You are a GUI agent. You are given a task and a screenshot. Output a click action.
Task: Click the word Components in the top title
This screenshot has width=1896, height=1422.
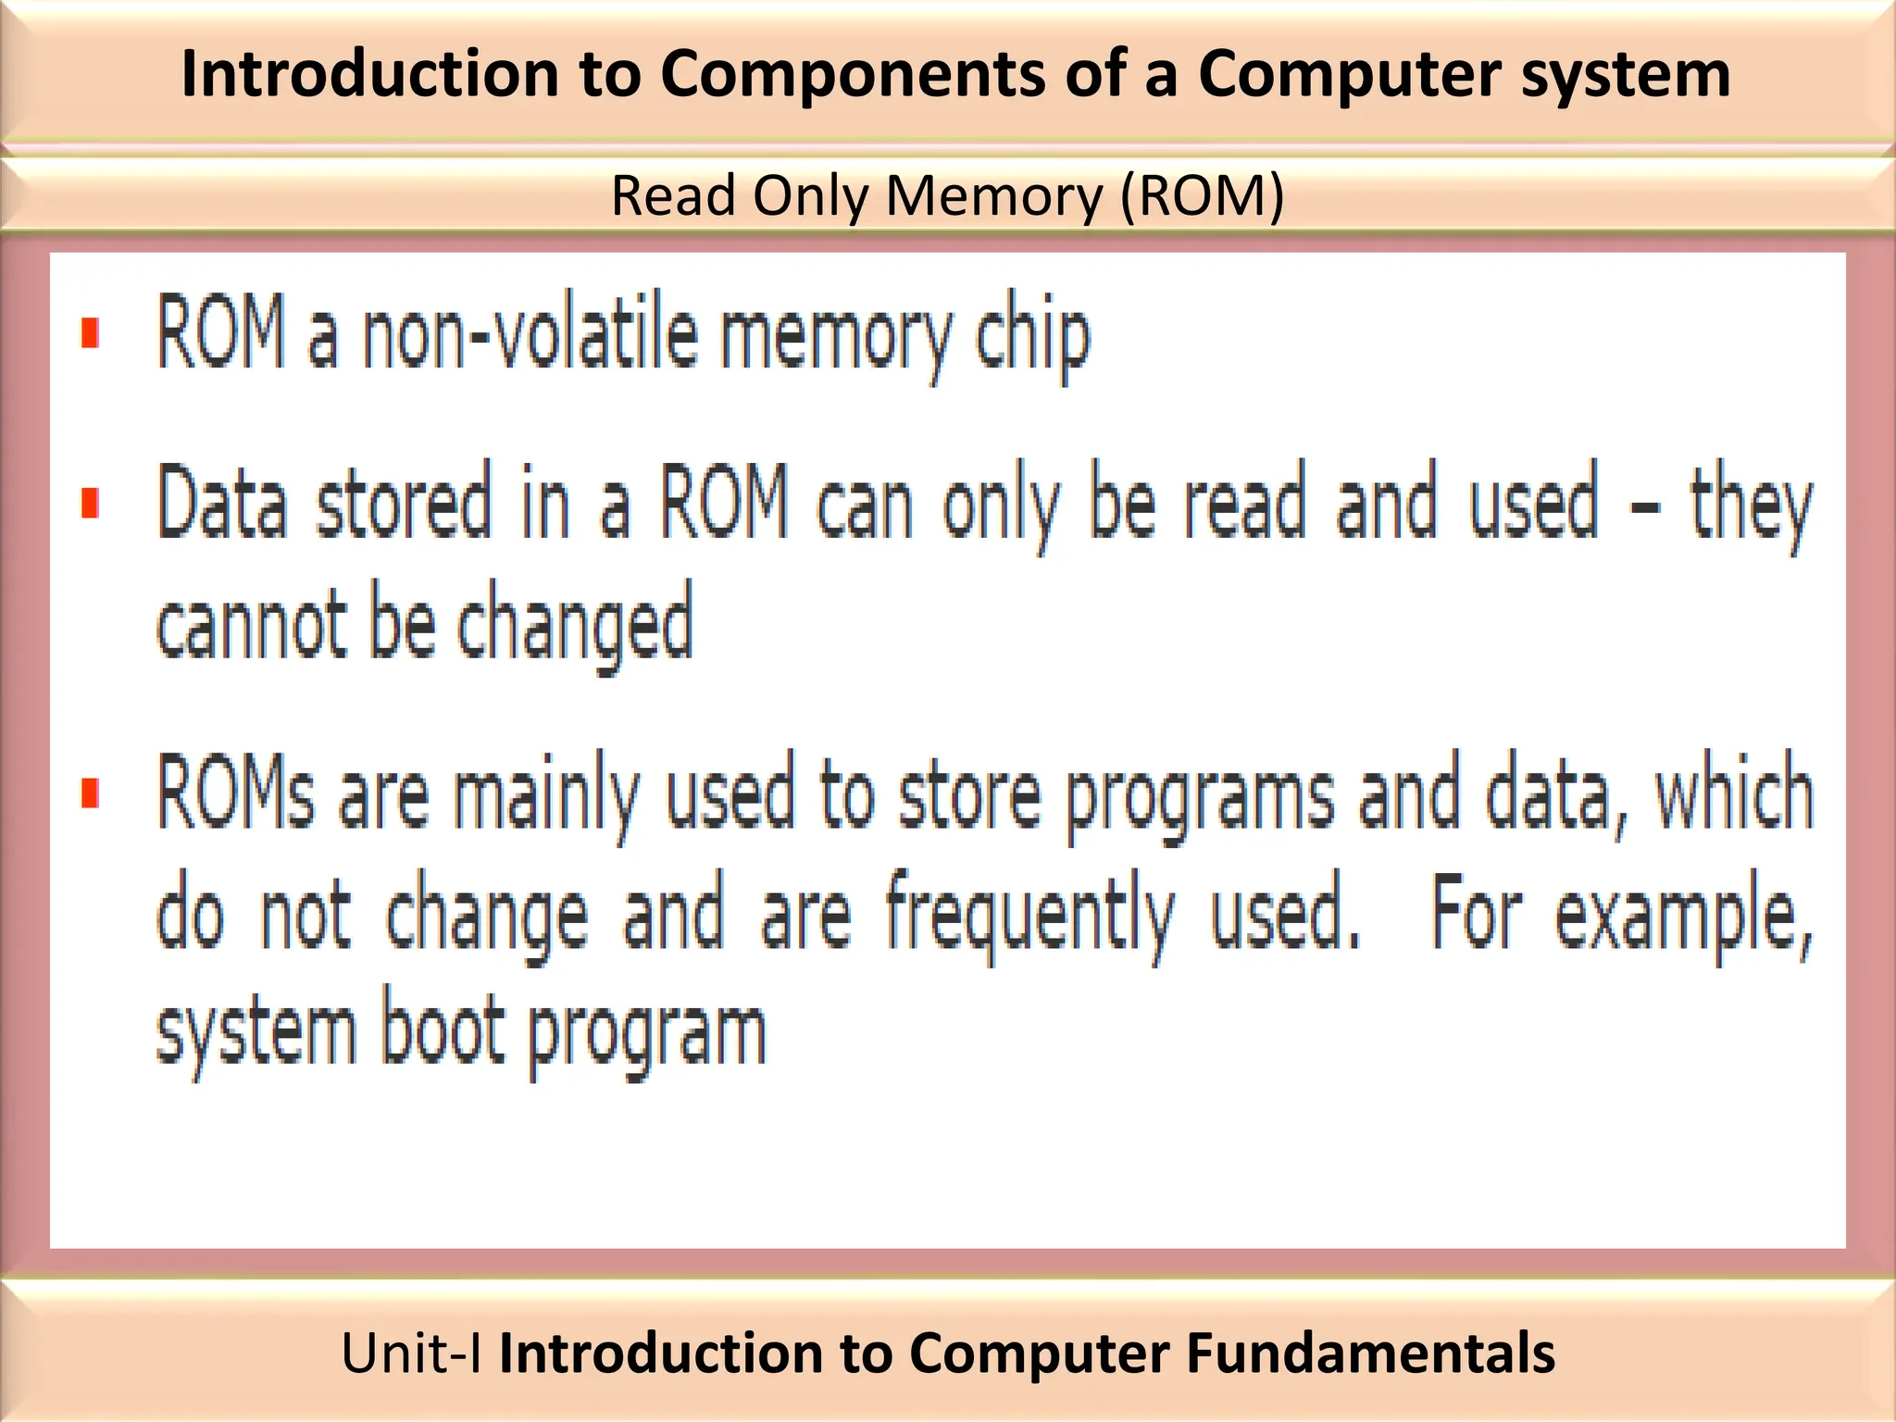[852, 74]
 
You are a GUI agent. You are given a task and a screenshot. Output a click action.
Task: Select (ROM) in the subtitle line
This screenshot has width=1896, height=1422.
[1202, 196]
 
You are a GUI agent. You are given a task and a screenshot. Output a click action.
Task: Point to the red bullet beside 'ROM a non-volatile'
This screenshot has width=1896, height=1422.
[90, 333]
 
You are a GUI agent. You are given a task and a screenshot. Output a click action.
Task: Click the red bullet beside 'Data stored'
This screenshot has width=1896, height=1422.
[90, 505]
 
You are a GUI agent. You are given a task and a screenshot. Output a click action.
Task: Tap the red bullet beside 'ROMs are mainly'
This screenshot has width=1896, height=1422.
[90, 793]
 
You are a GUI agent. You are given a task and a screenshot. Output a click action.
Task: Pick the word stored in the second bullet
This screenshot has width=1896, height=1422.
[403, 505]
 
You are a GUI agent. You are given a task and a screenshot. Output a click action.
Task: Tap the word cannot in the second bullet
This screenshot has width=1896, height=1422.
[250, 623]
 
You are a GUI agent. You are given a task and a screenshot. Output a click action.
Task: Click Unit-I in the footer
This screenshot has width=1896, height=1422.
[410, 1353]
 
